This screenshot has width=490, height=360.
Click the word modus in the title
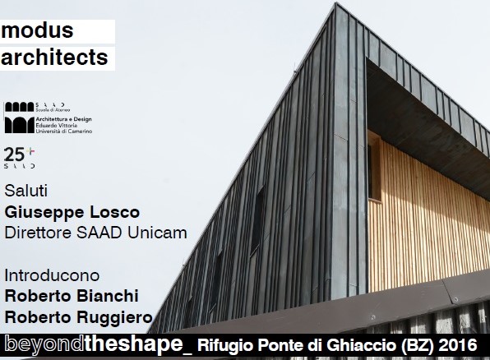coord(37,30)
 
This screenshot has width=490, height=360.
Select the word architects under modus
coord(54,58)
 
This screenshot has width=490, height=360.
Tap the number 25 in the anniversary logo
coord(14,155)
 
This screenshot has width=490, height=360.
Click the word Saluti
coord(26,191)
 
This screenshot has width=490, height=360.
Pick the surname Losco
coord(114,212)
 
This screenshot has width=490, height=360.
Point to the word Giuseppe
coord(44,213)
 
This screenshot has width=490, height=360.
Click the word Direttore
coord(38,233)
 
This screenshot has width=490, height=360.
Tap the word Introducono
coord(52,275)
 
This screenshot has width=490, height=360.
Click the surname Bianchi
coord(108,296)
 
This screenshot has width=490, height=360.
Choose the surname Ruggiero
coord(114,318)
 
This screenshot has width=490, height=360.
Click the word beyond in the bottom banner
coord(44,344)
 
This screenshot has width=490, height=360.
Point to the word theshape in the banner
coord(133,344)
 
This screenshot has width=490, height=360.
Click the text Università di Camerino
coord(64,132)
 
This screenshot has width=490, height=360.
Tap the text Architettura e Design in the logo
coord(64,119)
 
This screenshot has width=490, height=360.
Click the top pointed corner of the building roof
coord(336,3)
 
